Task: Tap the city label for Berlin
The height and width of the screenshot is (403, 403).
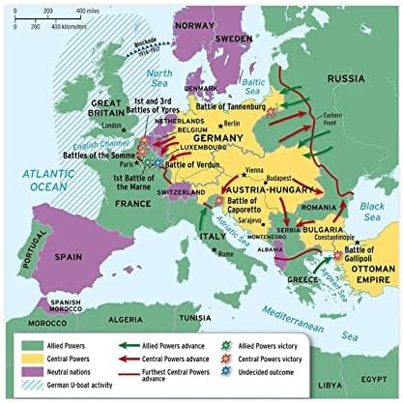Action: [233, 124]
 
